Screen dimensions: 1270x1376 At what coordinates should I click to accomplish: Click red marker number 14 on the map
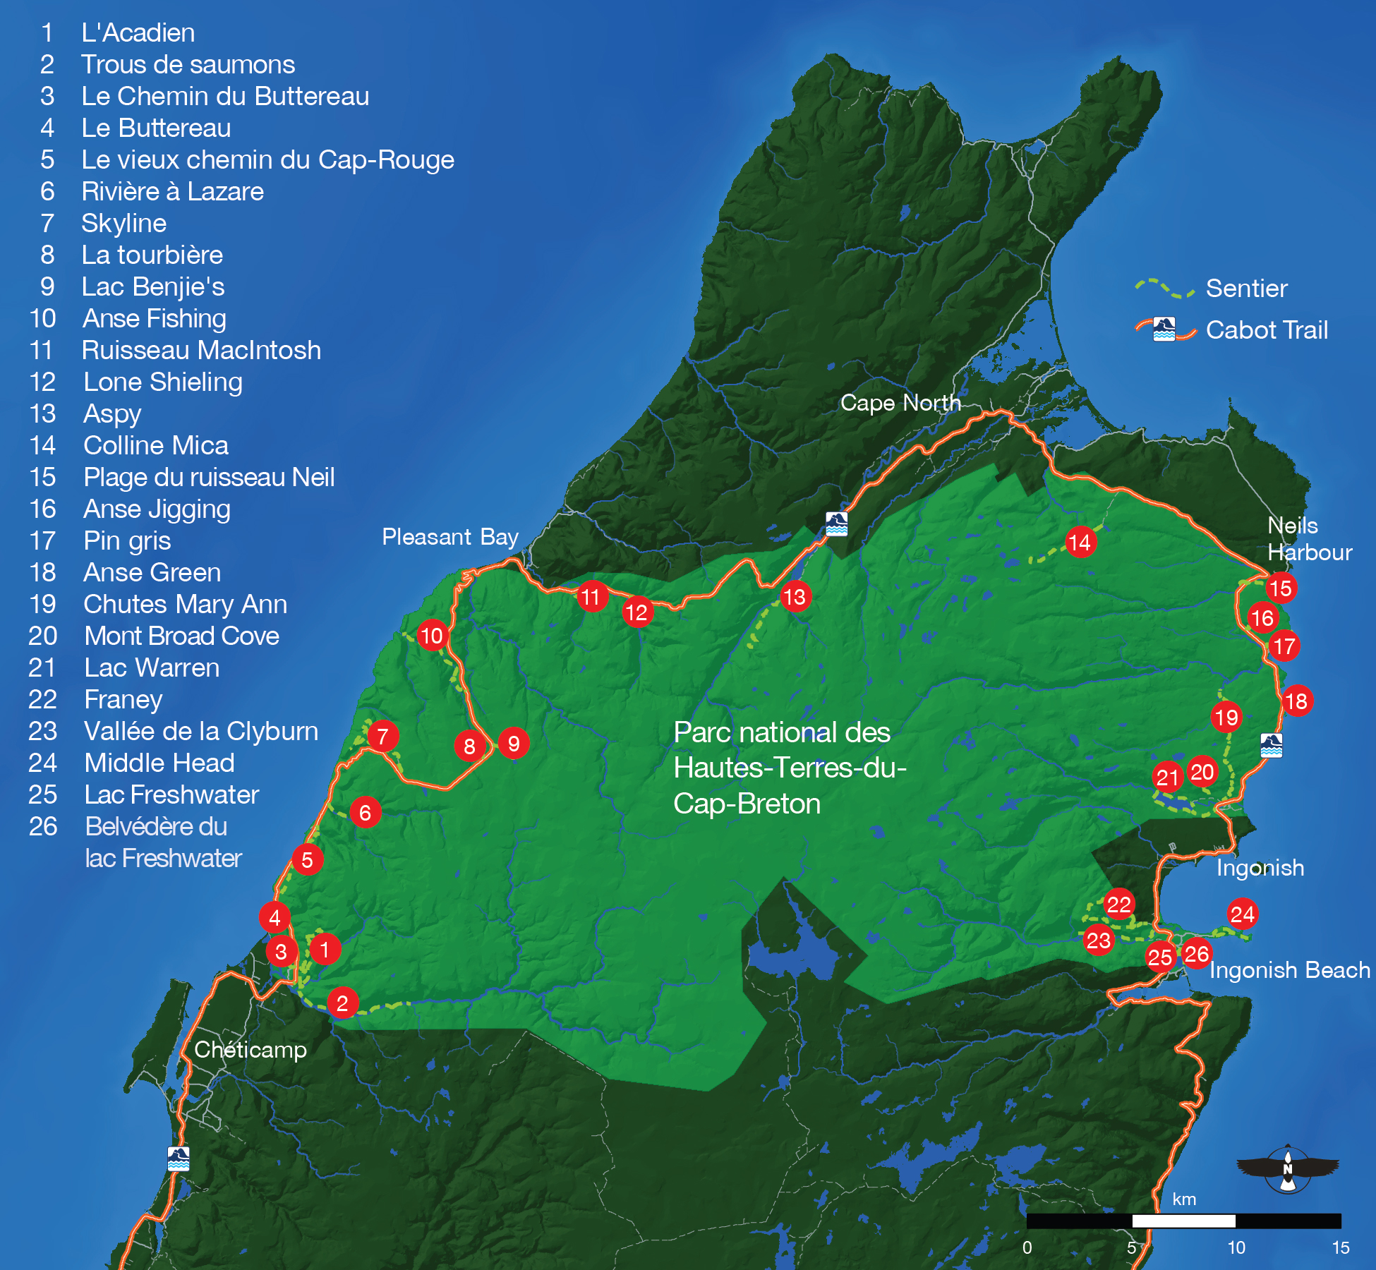[1080, 543]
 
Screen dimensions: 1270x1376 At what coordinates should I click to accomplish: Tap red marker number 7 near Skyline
[382, 737]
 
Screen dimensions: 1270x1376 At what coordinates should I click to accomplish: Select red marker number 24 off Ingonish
[1242, 914]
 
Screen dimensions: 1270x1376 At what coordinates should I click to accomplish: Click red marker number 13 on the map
[795, 597]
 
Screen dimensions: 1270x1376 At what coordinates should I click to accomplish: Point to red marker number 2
[342, 1003]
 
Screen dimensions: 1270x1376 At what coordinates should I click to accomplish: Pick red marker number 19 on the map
[1226, 718]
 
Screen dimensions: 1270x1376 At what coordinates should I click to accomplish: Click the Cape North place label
[900, 403]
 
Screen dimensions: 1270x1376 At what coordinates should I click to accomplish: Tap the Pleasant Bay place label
[450, 537]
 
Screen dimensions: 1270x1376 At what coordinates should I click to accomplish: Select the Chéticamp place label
[251, 1050]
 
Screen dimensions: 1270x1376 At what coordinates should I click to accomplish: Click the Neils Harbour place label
[1309, 539]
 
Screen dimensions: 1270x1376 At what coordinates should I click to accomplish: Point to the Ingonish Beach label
[1289, 970]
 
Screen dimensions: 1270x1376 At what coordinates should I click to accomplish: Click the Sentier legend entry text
[1246, 289]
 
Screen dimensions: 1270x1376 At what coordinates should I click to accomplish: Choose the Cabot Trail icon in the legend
[1164, 329]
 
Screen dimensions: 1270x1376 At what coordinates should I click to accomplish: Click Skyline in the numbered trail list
[124, 224]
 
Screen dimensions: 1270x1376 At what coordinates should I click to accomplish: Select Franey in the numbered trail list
[123, 700]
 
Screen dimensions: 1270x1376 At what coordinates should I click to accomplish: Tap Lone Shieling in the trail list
[163, 382]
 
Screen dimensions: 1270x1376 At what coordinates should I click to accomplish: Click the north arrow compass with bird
[1288, 1169]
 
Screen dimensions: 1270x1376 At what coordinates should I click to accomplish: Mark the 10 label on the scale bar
[1236, 1247]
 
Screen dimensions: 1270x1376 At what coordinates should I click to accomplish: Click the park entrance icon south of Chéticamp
[179, 1159]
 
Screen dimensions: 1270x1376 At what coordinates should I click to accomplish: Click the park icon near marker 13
[837, 524]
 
